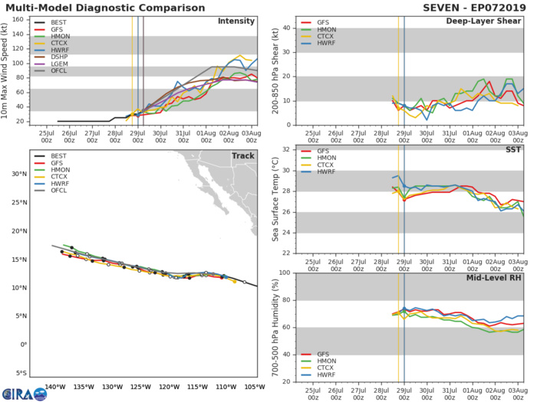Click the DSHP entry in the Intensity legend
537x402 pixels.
(x=59, y=56)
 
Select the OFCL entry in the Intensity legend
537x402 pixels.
(x=59, y=72)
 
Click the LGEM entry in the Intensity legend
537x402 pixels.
(x=59, y=64)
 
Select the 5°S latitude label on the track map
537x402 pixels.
(x=21, y=373)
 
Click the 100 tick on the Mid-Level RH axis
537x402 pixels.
(x=283, y=273)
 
